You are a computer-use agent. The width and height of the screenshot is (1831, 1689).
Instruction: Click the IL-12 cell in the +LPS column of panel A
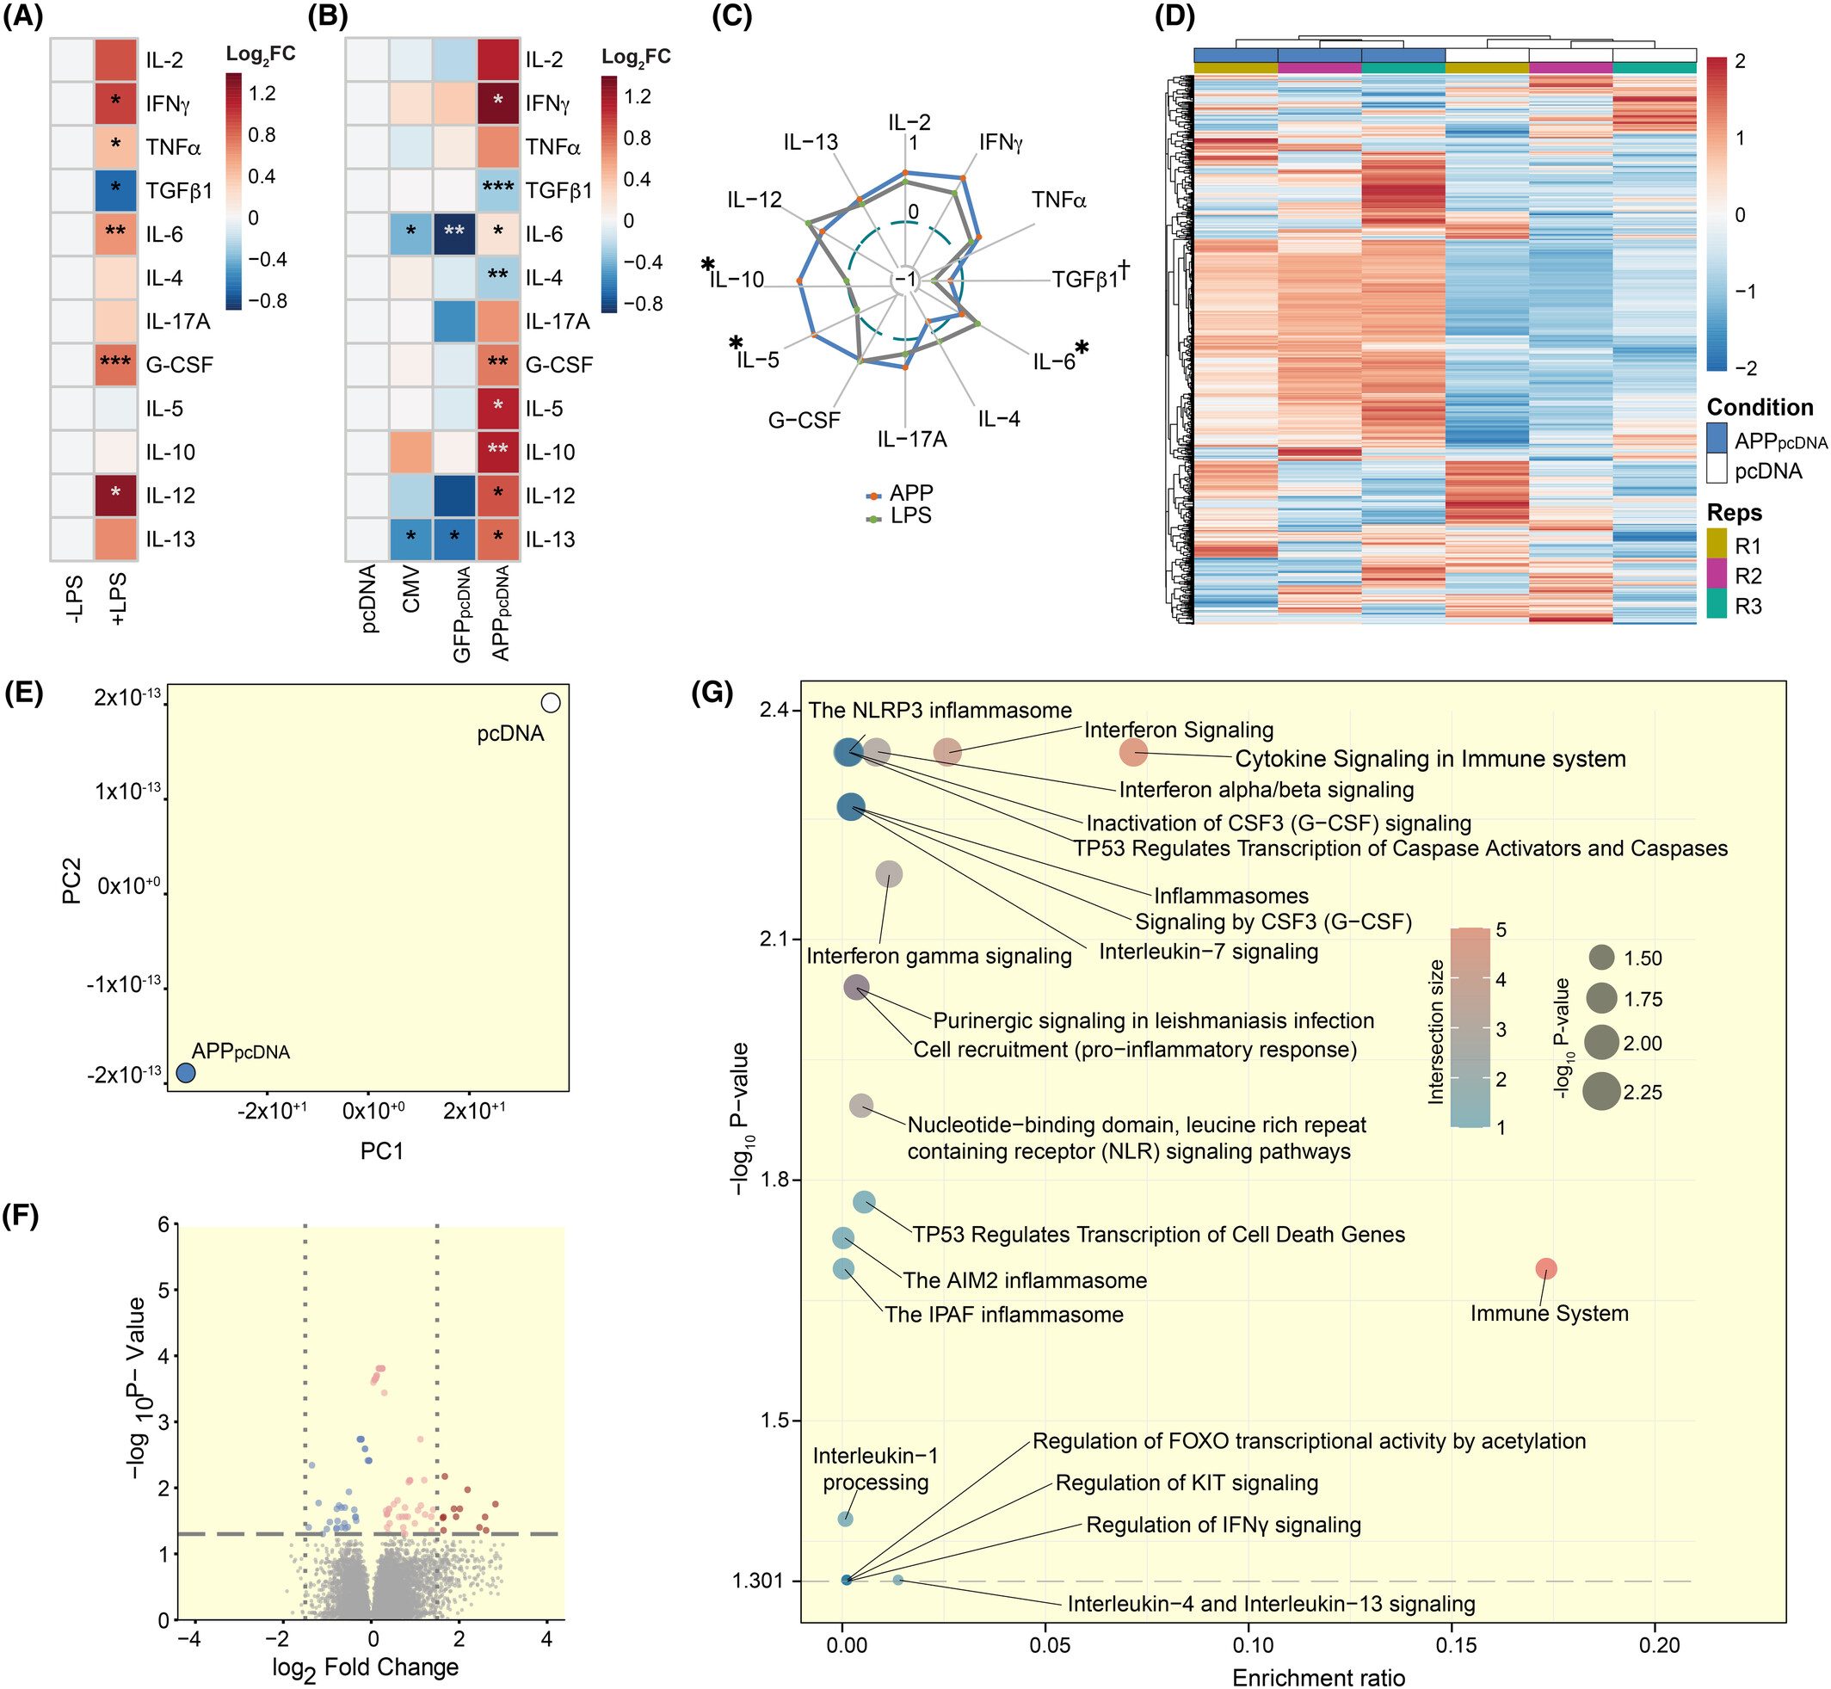[x=115, y=496]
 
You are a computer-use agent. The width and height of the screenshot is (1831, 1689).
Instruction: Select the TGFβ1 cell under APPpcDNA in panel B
[x=497, y=190]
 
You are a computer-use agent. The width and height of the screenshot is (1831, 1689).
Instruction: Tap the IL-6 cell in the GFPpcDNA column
[x=454, y=234]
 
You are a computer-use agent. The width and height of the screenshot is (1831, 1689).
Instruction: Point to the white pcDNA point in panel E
[x=551, y=703]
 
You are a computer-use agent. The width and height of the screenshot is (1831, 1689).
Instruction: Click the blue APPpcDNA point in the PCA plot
[x=186, y=1073]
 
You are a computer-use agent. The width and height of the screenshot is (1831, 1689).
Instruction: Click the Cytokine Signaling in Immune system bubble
[x=1133, y=752]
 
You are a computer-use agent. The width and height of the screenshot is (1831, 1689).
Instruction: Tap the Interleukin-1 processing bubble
[x=846, y=1519]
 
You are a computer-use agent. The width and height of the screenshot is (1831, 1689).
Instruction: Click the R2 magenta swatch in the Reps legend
[x=1717, y=576]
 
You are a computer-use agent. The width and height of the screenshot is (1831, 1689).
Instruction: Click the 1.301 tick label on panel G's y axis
[x=758, y=1581]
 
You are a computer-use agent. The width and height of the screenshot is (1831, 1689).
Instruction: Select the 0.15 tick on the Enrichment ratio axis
[x=1456, y=1646]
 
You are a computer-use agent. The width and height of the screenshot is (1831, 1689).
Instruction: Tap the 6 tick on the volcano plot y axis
[x=163, y=1224]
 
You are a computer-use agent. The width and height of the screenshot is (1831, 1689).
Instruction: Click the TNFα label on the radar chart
[x=1058, y=200]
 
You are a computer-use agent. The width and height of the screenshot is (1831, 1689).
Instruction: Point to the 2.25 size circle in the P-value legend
[x=1602, y=1092]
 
